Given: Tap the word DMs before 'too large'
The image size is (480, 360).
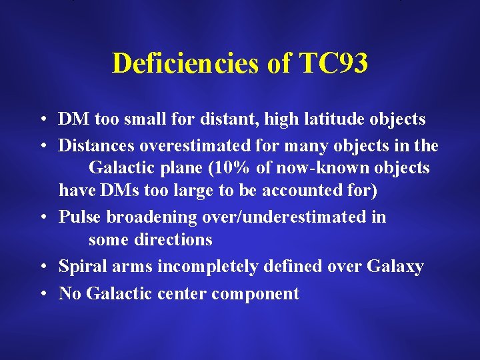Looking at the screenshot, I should click(115, 191).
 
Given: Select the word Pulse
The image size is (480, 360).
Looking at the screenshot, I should click(78, 217).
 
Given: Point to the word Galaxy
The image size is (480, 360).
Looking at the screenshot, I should click(395, 267).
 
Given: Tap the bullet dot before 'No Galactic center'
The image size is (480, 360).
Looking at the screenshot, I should click(41, 294).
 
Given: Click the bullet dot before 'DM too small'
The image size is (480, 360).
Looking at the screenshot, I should click(41, 120).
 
